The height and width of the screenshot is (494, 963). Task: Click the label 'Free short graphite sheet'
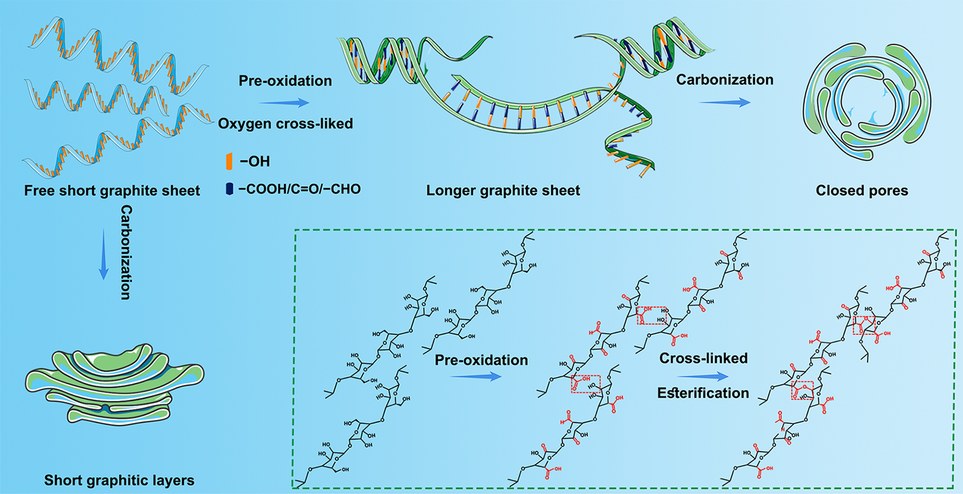coord(112,190)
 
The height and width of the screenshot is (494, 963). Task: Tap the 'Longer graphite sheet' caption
coord(503,190)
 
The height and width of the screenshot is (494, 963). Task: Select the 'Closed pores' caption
coord(862,190)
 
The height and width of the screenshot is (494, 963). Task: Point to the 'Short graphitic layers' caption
coord(119,480)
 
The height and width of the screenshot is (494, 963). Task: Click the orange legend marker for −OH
coord(229,161)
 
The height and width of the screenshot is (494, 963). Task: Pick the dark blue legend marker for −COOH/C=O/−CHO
coord(229,189)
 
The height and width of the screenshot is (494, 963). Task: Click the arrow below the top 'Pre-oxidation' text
coord(284,103)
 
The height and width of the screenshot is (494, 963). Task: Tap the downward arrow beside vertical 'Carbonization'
coord(104,255)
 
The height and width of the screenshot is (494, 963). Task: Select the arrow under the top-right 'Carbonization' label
coord(724,103)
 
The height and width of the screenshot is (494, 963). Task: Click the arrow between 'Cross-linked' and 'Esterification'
coord(703,376)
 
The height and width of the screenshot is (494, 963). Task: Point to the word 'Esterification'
coord(703,393)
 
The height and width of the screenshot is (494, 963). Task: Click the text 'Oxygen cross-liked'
coord(285,123)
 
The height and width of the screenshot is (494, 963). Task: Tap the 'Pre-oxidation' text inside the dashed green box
coord(481,360)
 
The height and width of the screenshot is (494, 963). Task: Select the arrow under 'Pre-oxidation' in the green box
coord(476,377)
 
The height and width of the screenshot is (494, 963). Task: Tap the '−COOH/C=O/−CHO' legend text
coord(299,189)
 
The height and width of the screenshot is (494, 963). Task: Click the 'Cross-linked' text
coord(703,358)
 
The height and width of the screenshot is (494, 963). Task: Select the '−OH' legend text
coord(255,161)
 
